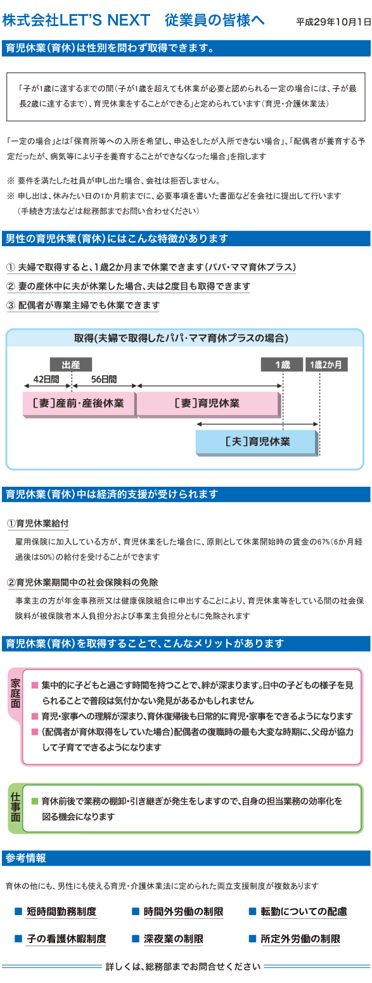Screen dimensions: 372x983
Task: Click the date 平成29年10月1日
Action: click(x=333, y=22)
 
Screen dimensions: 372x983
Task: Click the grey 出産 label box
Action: click(x=71, y=364)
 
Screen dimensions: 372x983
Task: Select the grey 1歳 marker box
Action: click(x=282, y=364)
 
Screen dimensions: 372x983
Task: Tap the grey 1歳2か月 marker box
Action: click(x=326, y=364)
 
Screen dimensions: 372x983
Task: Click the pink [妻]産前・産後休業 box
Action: click(x=79, y=404)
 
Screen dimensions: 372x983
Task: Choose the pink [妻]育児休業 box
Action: click(x=208, y=404)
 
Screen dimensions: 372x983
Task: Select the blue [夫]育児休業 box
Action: click(x=257, y=442)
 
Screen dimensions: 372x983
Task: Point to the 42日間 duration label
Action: click(x=46, y=379)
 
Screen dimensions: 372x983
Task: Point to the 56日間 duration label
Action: click(x=104, y=379)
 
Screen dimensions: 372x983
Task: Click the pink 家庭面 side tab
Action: click(x=15, y=694)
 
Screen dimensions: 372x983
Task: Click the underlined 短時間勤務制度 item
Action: click(x=61, y=911)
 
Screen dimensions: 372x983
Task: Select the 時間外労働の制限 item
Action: click(x=184, y=911)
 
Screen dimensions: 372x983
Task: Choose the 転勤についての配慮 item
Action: click(x=304, y=911)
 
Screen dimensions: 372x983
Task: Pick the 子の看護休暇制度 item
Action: click(x=67, y=939)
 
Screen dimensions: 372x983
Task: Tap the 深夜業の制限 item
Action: click(x=174, y=939)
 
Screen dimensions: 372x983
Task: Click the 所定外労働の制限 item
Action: click(x=300, y=939)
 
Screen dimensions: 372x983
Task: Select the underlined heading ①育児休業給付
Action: click(x=37, y=523)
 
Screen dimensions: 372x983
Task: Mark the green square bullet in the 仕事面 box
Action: click(x=35, y=801)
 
